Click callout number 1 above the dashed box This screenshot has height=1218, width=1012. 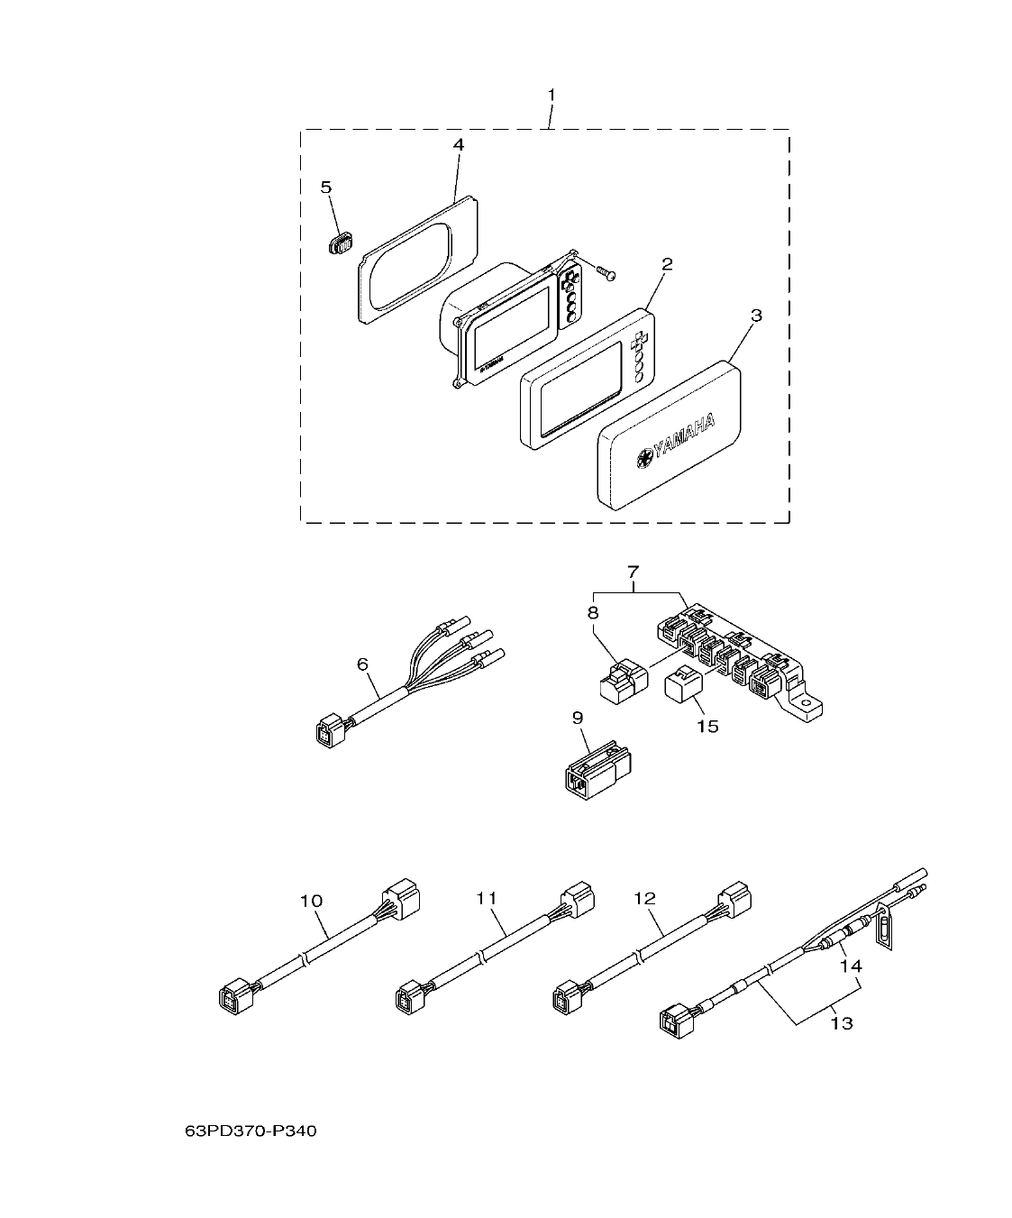click(552, 95)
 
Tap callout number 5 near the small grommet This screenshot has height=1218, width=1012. click(326, 187)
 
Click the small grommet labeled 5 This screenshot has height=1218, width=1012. click(341, 243)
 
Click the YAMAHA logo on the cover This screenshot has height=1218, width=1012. click(675, 441)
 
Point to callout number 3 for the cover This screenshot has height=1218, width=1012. click(757, 316)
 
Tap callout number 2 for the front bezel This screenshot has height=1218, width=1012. click(667, 264)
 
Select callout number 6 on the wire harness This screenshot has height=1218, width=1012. click(362, 664)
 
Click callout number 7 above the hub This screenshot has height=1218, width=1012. click(633, 571)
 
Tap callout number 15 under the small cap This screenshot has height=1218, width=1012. click(707, 726)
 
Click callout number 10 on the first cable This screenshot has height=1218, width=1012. click(310, 901)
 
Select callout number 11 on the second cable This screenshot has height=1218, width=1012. click(487, 898)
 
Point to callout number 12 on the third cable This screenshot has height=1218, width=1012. click(645, 898)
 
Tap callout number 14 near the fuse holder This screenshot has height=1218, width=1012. click(851, 966)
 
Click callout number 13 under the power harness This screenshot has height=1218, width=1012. click(842, 1023)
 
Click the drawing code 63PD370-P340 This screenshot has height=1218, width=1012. click(250, 1131)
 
